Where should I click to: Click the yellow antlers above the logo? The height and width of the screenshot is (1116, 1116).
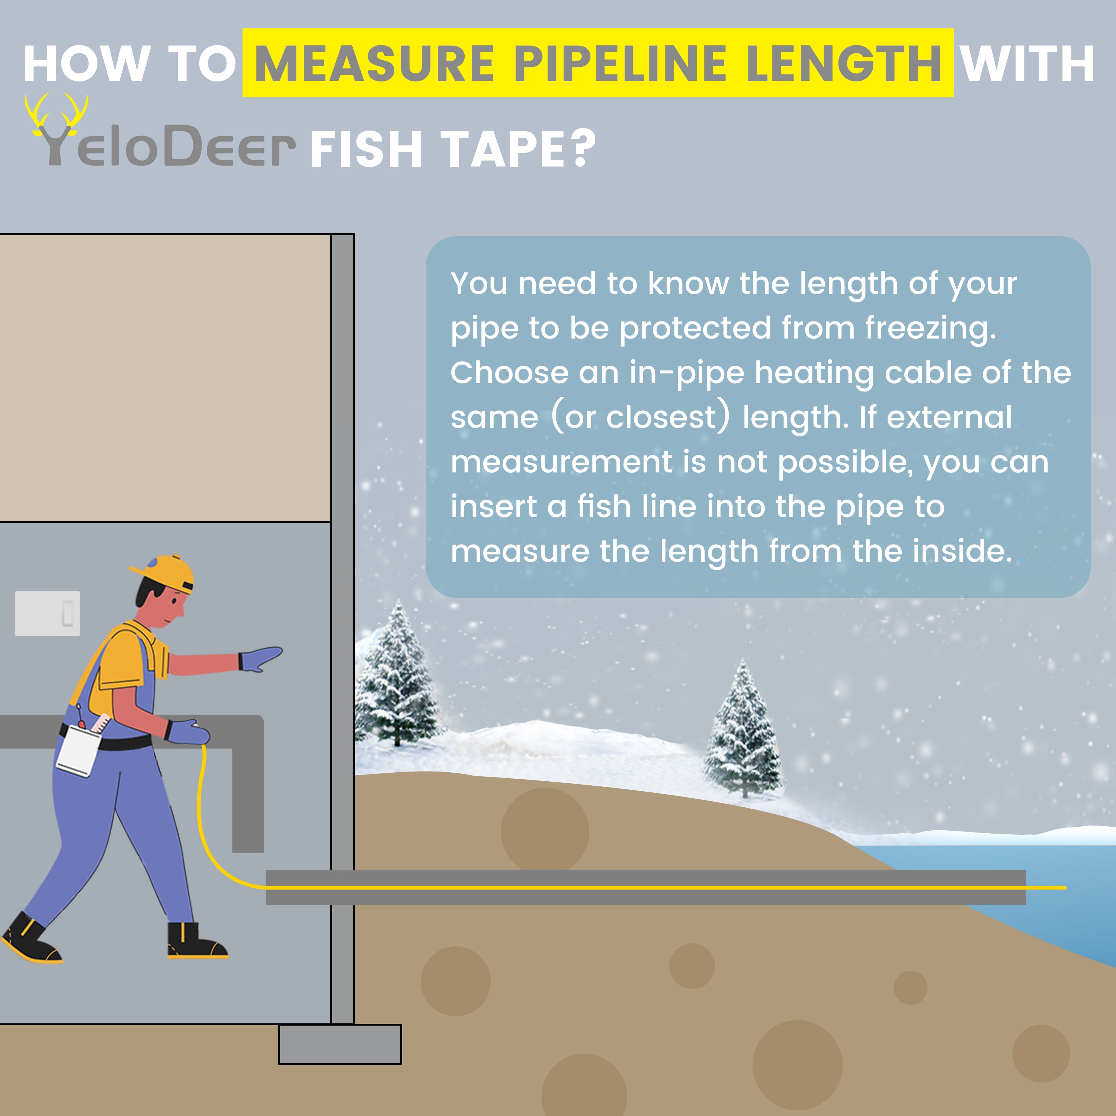[56, 116]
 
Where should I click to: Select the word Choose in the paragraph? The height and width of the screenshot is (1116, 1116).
[510, 373]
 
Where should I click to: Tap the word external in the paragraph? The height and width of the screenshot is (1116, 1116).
[949, 417]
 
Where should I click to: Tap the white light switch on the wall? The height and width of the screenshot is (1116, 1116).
[47, 613]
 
